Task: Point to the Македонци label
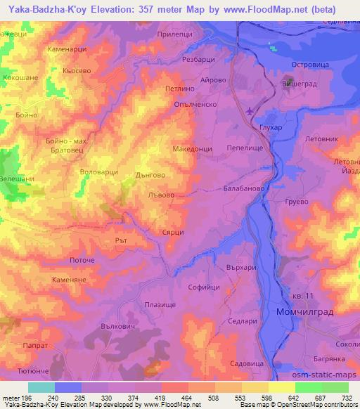pyautogui.click(x=192, y=150)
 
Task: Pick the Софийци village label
pyautogui.click(x=205, y=287)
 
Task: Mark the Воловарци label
pyautogui.click(x=102, y=171)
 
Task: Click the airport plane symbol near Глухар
pyautogui.click(x=253, y=111)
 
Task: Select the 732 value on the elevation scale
pyautogui.click(x=348, y=398)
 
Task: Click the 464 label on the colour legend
pyautogui.click(x=188, y=398)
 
